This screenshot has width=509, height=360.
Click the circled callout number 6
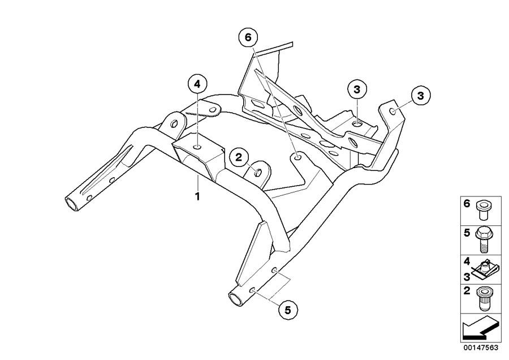point(247,38)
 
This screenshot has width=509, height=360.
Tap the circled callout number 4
point(197,84)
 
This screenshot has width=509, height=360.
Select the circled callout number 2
point(239,157)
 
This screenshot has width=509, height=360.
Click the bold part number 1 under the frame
point(197,196)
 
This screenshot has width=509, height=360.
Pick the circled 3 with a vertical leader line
point(357,89)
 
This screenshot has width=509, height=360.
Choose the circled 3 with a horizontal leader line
point(420,95)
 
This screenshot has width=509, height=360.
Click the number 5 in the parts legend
point(468,232)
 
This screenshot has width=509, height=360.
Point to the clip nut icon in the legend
point(485,269)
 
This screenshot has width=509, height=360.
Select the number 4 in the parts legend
point(468,262)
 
